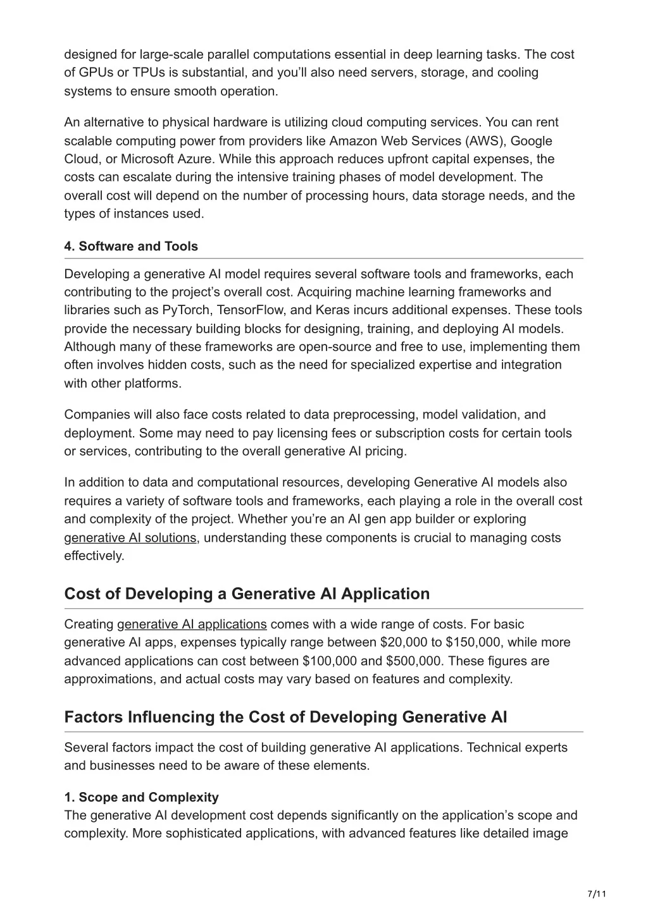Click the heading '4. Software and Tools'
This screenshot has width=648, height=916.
131,247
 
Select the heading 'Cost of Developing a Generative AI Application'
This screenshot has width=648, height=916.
247,594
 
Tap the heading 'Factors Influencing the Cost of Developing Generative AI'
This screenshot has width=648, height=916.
285,718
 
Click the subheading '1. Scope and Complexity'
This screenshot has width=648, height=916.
141,797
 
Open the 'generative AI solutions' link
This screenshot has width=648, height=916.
130,538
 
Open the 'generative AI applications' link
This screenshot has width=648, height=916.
192,625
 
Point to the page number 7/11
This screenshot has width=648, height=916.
597,894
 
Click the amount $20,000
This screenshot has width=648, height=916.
402,643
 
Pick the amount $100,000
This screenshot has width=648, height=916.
329,661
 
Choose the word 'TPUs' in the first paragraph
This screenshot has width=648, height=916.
131,73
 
